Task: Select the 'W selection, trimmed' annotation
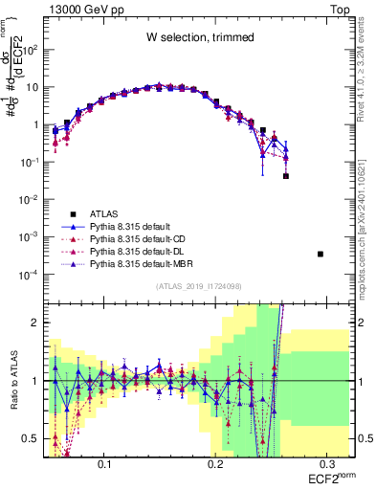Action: [200, 37]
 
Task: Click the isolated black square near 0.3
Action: [320, 254]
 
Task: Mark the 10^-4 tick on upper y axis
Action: [31, 275]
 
